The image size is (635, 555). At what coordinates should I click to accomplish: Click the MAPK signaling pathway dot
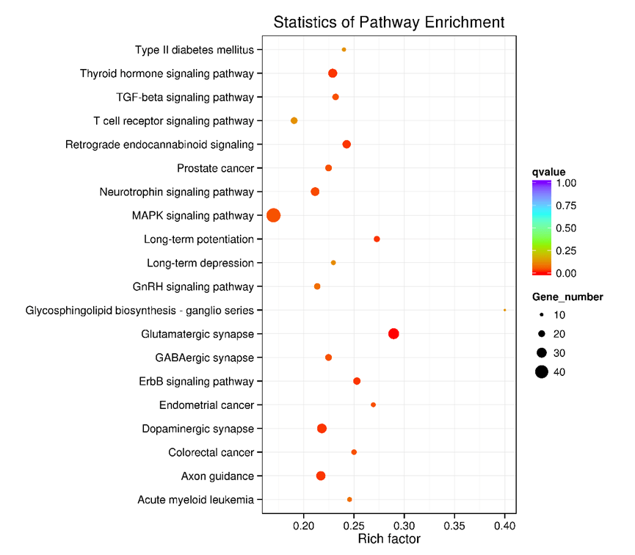pyautogui.click(x=274, y=215)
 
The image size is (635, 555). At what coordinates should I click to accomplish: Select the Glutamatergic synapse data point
pyautogui.click(x=393, y=334)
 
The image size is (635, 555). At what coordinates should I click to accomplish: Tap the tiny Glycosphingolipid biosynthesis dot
pyautogui.click(x=504, y=310)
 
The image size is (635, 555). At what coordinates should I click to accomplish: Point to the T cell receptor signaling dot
pyautogui.click(x=294, y=120)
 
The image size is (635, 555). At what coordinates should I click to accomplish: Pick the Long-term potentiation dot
pyautogui.click(x=377, y=239)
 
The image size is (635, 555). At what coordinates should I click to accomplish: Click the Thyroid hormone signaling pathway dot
pyautogui.click(x=333, y=73)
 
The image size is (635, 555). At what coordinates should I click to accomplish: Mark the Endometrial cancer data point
pyautogui.click(x=373, y=405)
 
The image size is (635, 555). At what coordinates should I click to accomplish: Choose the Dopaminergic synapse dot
pyautogui.click(x=322, y=429)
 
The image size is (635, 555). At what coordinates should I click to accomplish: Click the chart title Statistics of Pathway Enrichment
pyautogui.click(x=389, y=22)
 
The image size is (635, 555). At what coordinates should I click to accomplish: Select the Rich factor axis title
pyautogui.click(x=389, y=540)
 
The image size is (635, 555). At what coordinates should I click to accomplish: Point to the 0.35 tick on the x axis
pyautogui.click(x=454, y=526)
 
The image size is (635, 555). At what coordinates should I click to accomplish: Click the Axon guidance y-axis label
pyautogui.click(x=217, y=476)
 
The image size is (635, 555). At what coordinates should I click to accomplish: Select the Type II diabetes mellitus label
pyautogui.click(x=195, y=50)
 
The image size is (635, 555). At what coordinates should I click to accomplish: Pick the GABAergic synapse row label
pyautogui.click(x=204, y=358)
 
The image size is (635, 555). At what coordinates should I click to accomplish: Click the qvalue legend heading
pyautogui.click(x=549, y=172)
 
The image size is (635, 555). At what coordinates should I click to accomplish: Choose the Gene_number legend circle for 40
pyautogui.click(x=541, y=371)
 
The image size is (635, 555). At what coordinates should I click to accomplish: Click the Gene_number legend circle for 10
pyautogui.click(x=541, y=315)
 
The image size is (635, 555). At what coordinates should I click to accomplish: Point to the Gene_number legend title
pyautogui.click(x=568, y=297)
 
